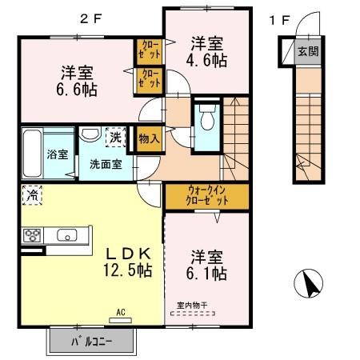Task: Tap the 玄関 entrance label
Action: (x=307, y=52)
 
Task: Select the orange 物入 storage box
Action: (x=149, y=138)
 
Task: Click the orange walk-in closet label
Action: (x=206, y=195)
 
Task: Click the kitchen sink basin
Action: (x=65, y=235)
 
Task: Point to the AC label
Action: (x=121, y=313)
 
